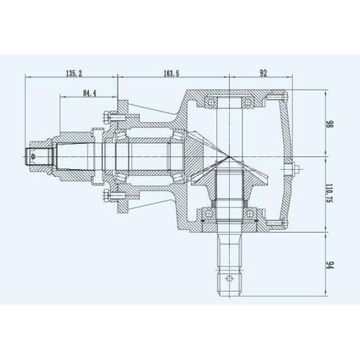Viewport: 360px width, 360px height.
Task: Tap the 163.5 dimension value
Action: point(171,73)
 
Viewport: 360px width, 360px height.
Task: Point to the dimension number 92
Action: point(263,73)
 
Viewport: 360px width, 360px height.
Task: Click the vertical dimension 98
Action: point(329,126)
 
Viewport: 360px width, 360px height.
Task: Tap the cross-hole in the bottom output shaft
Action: point(229,278)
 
